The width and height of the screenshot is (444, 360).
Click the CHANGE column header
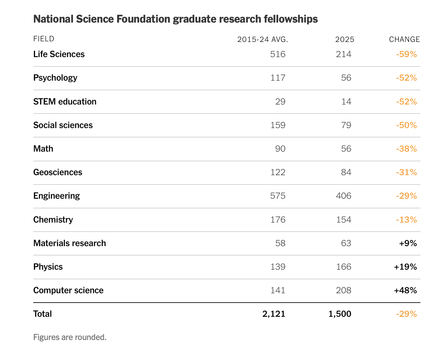[x=404, y=39]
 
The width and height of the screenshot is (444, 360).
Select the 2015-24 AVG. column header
[x=263, y=39]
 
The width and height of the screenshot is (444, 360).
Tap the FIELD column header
[x=44, y=39]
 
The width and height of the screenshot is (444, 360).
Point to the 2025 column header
[x=345, y=39]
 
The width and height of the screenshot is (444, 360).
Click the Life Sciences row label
[x=59, y=54]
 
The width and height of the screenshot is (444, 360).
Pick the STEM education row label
[x=65, y=102]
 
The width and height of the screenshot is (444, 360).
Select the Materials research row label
[x=70, y=243]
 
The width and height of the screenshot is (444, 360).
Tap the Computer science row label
[x=68, y=290]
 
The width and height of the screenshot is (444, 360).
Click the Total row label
[x=43, y=314]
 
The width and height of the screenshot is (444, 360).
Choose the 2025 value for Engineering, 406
[x=343, y=196]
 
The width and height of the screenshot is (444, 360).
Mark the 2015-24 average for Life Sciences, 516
[x=278, y=54]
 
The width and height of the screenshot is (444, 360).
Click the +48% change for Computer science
[x=405, y=290]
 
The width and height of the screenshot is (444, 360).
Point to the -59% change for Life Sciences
[x=407, y=54]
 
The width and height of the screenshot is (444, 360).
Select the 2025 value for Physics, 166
[x=343, y=267]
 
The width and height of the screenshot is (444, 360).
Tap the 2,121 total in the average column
[x=274, y=314]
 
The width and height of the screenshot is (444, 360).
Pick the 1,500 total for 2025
[x=340, y=314]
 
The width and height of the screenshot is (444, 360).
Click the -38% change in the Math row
[x=407, y=149]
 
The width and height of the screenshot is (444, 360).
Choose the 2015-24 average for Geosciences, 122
[x=278, y=172]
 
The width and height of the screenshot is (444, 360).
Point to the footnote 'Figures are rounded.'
[x=70, y=337]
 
